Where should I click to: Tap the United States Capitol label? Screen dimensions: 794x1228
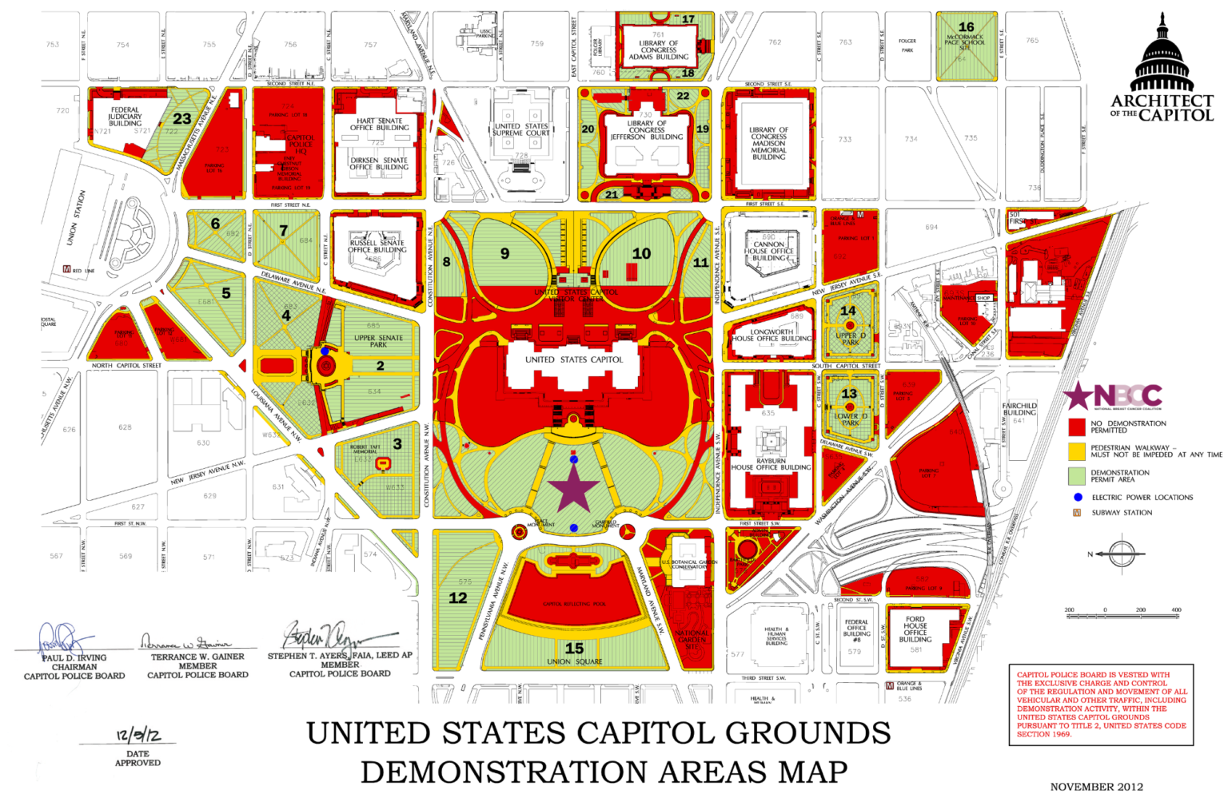point(573,359)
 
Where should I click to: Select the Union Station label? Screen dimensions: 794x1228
point(77,217)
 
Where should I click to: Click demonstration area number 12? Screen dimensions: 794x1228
point(458,597)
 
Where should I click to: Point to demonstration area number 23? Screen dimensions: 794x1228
point(182,119)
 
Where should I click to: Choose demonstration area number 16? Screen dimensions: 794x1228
point(966,27)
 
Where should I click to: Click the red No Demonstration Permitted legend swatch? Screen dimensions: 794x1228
point(1077,427)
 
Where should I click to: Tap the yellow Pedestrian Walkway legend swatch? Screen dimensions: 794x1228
point(1077,451)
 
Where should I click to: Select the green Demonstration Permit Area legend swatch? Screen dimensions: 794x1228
point(1077,476)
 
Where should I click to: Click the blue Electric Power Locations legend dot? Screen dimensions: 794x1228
point(1078,497)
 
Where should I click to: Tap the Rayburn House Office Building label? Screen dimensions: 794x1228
point(771,464)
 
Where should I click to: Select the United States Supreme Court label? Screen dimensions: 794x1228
point(520,129)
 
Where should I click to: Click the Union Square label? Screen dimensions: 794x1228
point(574,661)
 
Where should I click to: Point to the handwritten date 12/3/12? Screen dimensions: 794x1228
point(138,735)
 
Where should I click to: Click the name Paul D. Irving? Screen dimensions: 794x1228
point(74,657)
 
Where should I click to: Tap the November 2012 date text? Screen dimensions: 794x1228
point(1096,786)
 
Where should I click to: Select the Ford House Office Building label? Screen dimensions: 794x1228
point(915,629)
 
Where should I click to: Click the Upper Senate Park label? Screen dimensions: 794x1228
point(378,341)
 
